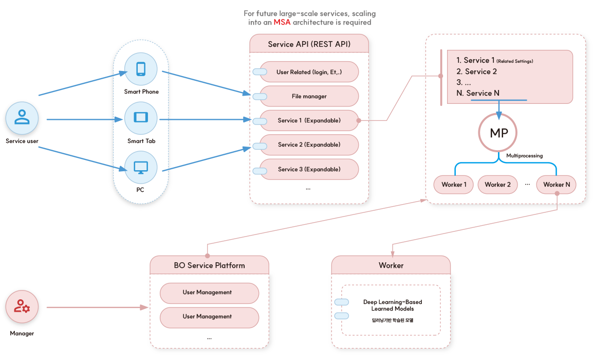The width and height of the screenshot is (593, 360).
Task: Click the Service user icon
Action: (x=22, y=118)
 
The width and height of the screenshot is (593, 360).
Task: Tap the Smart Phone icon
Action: (x=141, y=69)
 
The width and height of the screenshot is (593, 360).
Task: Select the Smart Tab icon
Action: (x=141, y=118)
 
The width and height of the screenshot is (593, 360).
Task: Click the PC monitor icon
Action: (x=141, y=167)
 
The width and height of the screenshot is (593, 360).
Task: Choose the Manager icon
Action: (x=22, y=307)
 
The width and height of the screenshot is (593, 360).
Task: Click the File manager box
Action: (x=309, y=96)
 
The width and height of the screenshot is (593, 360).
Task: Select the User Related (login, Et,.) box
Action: (x=309, y=72)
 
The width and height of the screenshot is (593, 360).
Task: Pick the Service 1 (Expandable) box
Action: (x=309, y=120)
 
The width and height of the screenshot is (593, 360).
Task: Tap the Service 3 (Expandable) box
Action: (x=309, y=169)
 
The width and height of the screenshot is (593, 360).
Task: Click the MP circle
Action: (x=498, y=133)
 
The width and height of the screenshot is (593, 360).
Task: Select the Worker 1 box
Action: (x=453, y=185)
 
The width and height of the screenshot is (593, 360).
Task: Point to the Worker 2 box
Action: (x=498, y=185)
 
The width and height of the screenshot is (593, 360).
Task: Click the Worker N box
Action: (x=557, y=185)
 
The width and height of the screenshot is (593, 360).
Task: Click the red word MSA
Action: (x=282, y=22)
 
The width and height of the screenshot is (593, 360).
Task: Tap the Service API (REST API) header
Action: (x=309, y=44)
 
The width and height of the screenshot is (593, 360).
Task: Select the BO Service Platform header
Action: (x=210, y=265)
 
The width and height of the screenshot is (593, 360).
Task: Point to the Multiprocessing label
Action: (x=525, y=156)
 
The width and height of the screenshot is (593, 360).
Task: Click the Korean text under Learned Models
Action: (x=393, y=320)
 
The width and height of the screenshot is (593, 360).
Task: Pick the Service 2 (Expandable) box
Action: (x=309, y=145)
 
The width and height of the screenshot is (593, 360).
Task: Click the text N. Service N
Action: (x=478, y=93)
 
